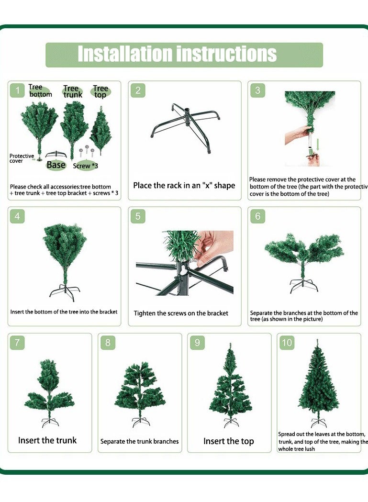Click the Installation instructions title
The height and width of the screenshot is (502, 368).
click(178, 54)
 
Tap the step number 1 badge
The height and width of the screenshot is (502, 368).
click(18, 90)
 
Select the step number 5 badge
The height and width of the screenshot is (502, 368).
click(138, 216)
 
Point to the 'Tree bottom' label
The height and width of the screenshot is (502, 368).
click(39, 91)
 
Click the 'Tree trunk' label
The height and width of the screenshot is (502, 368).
click(72, 91)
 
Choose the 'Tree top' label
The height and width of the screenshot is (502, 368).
click(100, 91)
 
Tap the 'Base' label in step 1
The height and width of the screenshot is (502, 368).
click(56, 165)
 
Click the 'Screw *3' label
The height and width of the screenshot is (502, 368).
click(86, 166)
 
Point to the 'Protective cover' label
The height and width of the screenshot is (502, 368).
click(22, 158)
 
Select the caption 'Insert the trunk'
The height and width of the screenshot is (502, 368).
click(47, 440)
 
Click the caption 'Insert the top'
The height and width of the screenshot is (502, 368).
click(228, 441)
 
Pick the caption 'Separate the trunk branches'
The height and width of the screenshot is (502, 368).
click(139, 441)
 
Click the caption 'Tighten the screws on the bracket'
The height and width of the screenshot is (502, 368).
click(181, 313)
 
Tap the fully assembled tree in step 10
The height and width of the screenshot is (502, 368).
click(318, 383)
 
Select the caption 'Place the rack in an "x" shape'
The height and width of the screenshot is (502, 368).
click(184, 185)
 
